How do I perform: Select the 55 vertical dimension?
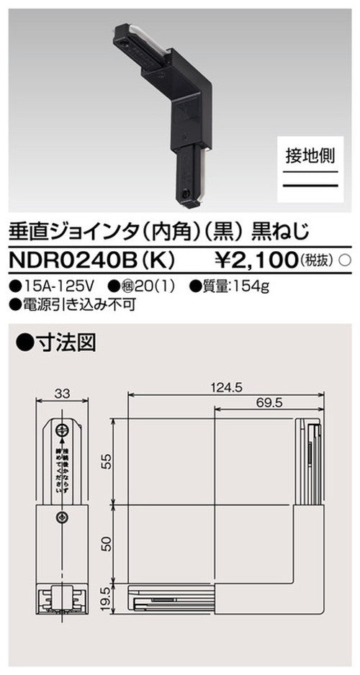tap(107, 461)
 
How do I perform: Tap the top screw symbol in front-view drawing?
tap(63, 431)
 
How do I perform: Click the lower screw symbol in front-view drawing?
tap(63, 517)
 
